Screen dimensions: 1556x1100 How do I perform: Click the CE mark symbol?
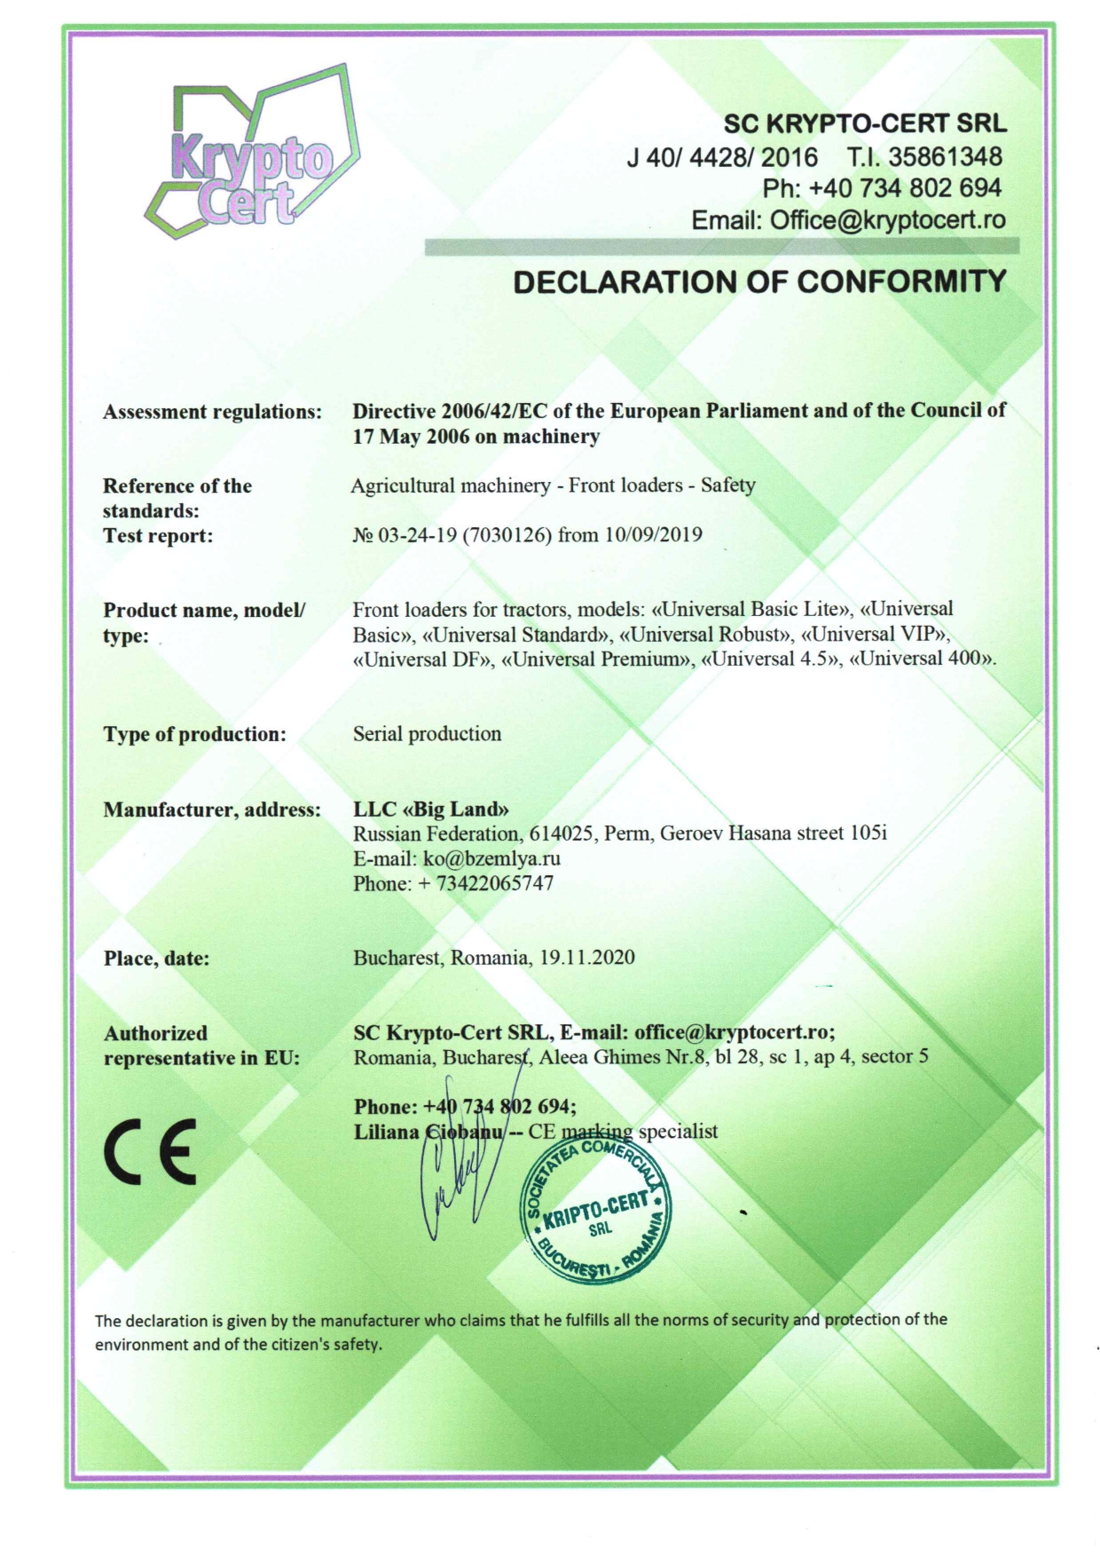(150, 1153)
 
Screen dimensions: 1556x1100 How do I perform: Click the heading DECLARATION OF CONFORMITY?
(759, 281)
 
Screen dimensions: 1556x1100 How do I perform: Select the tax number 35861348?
(946, 157)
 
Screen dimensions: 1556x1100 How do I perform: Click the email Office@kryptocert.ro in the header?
(887, 220)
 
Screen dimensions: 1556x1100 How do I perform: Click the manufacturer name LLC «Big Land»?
(431, 809)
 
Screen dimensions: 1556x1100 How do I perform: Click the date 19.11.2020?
(587, 958)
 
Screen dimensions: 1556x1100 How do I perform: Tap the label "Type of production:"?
(194, 734)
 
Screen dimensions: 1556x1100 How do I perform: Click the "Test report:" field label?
(158, 535)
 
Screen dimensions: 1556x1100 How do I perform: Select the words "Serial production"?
(427, 734)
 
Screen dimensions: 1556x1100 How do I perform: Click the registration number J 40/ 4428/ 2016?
(722, 157)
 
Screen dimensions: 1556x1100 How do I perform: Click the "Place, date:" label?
(156, 959)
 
